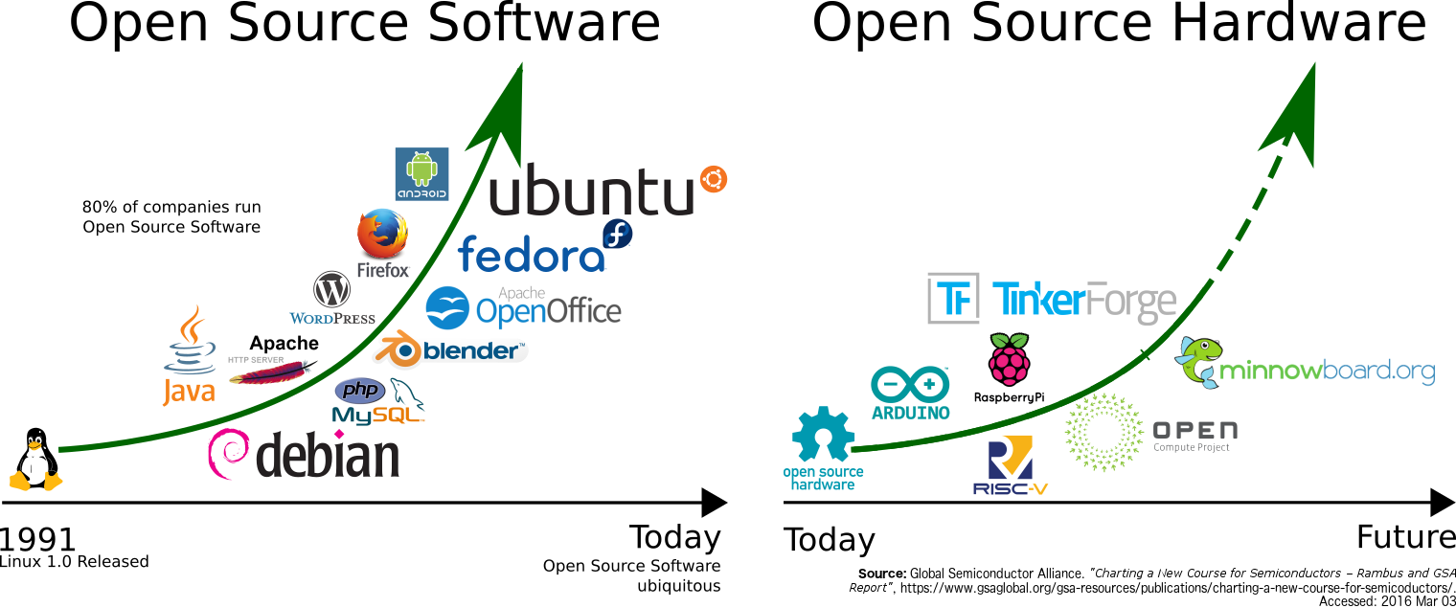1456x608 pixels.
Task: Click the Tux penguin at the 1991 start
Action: [x=35, y=461]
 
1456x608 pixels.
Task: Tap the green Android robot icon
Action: [x=421, y=169]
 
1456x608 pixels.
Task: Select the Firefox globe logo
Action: [x=381, y=234]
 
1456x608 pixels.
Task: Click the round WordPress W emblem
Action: [x=331, y=289]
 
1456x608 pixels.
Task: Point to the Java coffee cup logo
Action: [x=190, y=345]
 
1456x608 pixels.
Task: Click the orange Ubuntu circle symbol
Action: [x=713, y=179]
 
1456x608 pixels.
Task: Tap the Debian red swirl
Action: [x=229, y=454]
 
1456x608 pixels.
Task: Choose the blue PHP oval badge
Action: [x=360, y=390]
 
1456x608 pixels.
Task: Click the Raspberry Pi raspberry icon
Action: [x=1009, y=360]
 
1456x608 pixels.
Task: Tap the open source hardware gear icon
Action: [x=822, y=436]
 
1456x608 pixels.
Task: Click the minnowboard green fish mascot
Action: [x=1198, y=361]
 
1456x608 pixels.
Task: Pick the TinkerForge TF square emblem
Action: [x=954, y=299]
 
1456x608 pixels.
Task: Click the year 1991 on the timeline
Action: [x=38, y=539]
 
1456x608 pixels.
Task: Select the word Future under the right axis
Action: [x=1405, y=536]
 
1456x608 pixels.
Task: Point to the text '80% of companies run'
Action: [x=171, y=207]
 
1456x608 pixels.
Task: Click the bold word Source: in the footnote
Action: [x=881, y=574]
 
